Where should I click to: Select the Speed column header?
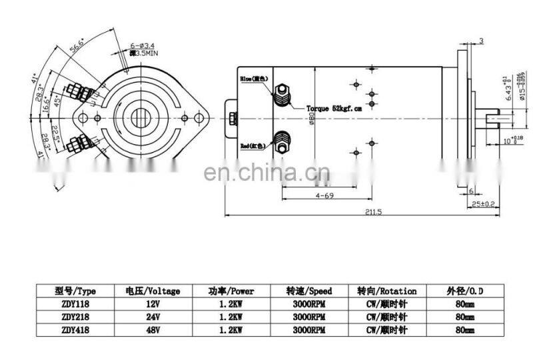click(308, 291)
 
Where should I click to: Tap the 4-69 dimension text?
click(324, 196)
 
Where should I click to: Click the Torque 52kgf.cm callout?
click(334, 107)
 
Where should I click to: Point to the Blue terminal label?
click(254, 79)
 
